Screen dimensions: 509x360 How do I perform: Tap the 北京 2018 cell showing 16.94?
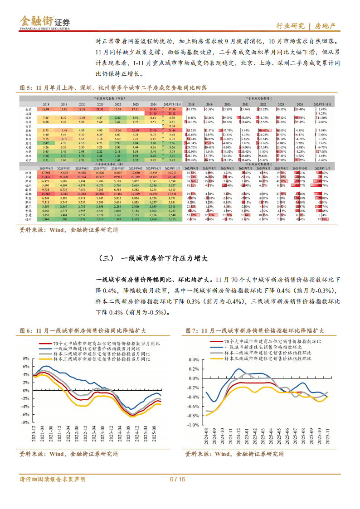point(46,110)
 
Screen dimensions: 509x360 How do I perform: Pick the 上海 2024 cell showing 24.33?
point(153,114)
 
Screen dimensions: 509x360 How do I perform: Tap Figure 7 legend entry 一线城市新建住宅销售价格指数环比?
point(265,347)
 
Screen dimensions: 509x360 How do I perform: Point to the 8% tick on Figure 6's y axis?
point(26,357)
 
